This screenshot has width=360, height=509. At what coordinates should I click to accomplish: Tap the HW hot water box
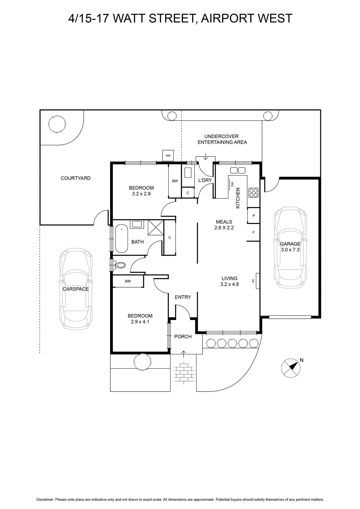pos(168,156)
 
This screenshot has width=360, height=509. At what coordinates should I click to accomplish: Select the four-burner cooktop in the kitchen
pos(253,193)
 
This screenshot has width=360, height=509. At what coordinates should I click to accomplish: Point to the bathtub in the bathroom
pos(121,238)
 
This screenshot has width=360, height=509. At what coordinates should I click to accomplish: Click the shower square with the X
pos(156,227)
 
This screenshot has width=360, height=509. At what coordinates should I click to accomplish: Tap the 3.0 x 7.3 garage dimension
pos(290,250)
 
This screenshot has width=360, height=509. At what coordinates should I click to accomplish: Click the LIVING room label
pos(229,278)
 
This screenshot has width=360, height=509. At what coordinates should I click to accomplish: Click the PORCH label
pos(183,337)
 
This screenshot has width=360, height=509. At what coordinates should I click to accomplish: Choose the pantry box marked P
pos(253,215)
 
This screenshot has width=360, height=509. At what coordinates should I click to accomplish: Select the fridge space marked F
pos(253,233)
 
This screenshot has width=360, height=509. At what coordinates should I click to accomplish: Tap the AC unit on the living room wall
pos(258,281)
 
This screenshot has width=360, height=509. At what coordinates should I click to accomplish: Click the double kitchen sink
pos(238,171)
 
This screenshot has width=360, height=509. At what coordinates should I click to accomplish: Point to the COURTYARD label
pos(76,178)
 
